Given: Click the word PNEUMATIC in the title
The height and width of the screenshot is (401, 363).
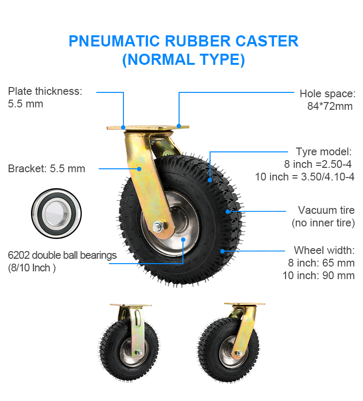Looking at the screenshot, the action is pyautogui.click(x=114, y=41).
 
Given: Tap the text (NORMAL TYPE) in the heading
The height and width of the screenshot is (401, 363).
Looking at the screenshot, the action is pyautogui.click(x=183, y=59).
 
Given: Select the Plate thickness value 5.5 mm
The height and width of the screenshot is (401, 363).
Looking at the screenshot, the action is pyautogui.click(x=26, y=104).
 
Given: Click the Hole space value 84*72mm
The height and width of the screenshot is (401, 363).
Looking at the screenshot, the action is pyautogui.click(x=330, y=106).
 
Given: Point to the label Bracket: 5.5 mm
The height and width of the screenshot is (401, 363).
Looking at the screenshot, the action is pyautogui.click(x=46, y=168).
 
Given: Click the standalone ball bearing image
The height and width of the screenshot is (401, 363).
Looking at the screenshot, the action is pyautogui.click(x=56, y=213).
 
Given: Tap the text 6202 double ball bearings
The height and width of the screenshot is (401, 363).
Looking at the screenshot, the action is pyautogui.click(x=62, y=255).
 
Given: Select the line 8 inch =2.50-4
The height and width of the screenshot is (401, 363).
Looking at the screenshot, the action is pyautogui.click(x=318, y=164).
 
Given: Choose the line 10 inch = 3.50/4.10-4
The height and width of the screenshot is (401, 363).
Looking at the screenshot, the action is pyautogui.click(x=304, y=177).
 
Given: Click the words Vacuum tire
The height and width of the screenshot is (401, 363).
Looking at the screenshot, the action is pyautogui.click(x=326, y=210).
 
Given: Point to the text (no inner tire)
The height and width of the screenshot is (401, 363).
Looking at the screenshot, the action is pyautogui.click(x=323, y=223).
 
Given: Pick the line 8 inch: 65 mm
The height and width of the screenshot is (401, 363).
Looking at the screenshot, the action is pyautogui.click(x=321, y=263).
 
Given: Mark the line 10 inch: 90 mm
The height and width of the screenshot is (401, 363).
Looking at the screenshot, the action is pyautogui.click(x=318, y=275).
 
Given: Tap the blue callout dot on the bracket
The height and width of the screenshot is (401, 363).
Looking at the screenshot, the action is pyautogui.click(x=139, y=169).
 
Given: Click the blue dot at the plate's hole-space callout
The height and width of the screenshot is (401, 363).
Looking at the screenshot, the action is pyautogui.click(x=179, y=126).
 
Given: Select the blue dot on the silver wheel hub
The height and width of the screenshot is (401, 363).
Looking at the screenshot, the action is pyautogui.click(x=183, y=239).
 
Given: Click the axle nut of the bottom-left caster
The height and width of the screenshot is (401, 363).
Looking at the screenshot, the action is pyautogui.click(x=139, y=353).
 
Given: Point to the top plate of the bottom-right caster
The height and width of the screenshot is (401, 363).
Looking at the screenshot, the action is pyautogui.click(x=244, y=304).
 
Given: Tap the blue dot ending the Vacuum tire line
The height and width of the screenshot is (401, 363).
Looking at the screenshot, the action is pyautogui.click(x=227, y=211).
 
